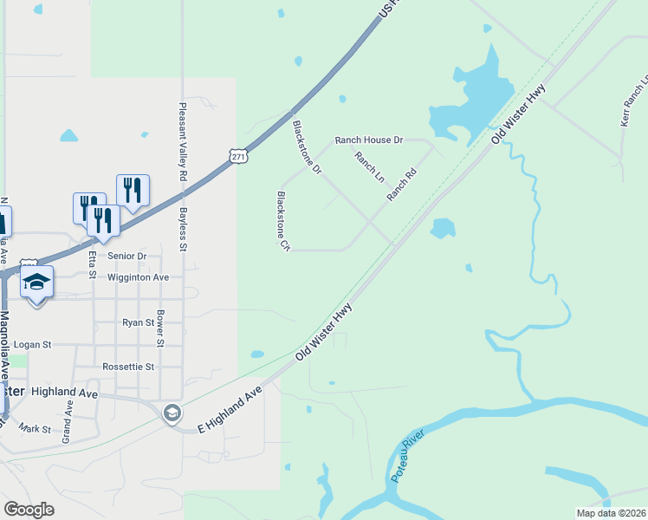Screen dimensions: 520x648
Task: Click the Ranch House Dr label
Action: click(370, 140)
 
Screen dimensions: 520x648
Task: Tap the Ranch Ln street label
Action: click(369, 167)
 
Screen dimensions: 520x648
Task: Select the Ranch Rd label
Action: click(402, 185)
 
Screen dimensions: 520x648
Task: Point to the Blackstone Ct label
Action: click(282, 221)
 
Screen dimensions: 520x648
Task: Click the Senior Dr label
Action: click(127, 256)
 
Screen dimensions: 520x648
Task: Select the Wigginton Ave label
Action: click(138, 277)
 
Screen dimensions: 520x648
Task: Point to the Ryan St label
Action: click(138, 322)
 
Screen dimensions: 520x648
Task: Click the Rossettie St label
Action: click(128, 367)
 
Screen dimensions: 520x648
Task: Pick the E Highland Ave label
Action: click(230, 410)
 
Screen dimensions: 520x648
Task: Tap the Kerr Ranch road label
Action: click(635, 104)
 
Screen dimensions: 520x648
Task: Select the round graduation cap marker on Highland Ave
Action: click(172, 413)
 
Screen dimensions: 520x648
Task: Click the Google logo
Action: click(29, 510)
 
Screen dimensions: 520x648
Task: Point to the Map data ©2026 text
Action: click(611, 513)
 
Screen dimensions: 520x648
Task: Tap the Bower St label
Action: click(160, 327)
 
